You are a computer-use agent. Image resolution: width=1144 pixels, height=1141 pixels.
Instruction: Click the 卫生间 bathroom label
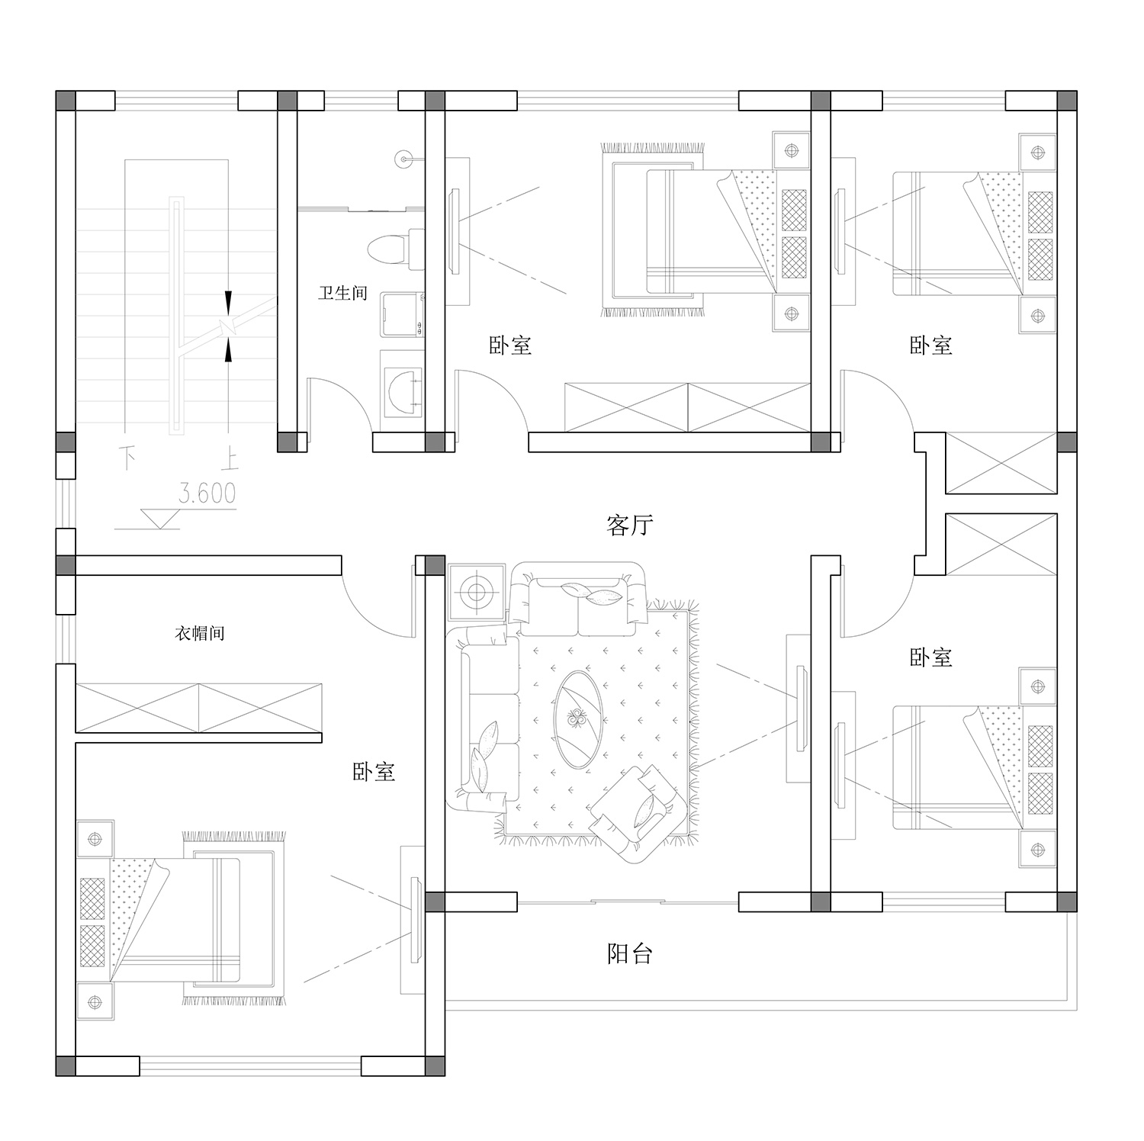point(342,293)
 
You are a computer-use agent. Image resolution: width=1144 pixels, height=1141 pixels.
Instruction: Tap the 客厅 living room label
point(630,525)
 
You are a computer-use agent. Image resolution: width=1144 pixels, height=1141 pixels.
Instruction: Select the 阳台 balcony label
point(630,953)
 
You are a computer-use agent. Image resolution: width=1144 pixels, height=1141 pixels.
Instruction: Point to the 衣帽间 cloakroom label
point(200,633)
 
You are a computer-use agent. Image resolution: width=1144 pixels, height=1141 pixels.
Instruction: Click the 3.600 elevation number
point(207,493)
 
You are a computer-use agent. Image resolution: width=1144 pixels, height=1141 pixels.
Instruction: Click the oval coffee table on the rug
point(578,718)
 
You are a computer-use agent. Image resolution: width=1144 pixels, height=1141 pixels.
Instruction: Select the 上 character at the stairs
point(229,460)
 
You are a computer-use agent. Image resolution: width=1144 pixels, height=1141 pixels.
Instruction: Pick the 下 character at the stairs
point(127,459)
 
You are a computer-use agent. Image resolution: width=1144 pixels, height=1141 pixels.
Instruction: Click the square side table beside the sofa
point(477,592)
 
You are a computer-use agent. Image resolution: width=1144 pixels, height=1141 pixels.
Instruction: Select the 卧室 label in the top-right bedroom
point(931,345)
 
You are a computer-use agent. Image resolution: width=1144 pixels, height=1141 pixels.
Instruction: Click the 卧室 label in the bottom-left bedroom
point(374,772)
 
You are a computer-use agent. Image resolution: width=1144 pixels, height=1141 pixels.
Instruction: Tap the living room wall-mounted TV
point(802,708)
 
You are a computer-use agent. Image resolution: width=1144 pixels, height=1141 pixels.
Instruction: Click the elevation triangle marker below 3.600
point(160,519)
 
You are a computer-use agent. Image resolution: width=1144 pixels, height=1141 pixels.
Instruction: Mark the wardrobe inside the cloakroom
point(198,708)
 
